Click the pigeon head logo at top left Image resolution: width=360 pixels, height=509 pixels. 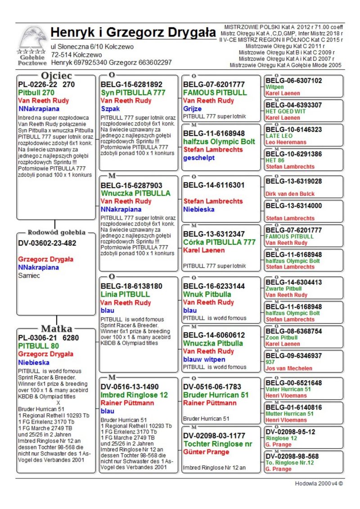32,39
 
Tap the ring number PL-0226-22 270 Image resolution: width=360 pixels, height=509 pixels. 46,84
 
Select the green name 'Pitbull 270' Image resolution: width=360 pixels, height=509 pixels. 36,92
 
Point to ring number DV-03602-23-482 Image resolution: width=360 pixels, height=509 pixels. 47,243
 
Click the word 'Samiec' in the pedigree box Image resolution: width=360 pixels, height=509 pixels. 29,275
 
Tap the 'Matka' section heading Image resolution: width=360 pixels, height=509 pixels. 56,329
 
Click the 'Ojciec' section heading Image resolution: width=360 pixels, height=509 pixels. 56,75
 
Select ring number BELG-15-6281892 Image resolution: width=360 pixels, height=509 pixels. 131,84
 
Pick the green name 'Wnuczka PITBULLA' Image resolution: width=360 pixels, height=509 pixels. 135,193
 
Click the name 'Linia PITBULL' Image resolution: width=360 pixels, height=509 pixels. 125,294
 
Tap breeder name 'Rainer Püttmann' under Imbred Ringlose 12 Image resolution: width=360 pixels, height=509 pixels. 127,403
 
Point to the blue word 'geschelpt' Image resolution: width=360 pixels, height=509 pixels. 199,158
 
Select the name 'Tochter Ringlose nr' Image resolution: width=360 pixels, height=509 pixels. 218,444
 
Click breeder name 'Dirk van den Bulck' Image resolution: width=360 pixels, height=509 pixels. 290,194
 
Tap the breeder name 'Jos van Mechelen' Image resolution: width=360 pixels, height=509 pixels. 288,368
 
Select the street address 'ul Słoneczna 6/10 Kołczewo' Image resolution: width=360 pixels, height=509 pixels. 92,46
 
